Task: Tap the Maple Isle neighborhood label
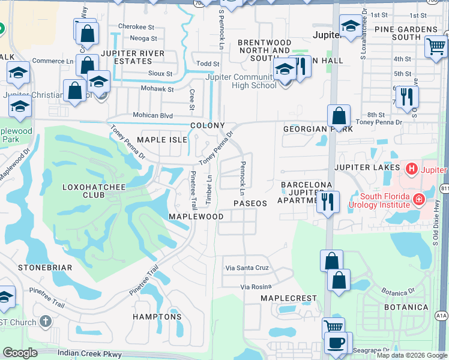158,140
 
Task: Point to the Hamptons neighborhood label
157,316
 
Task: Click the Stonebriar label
45,267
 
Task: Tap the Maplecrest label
288,298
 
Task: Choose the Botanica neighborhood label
406,307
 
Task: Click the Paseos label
250,203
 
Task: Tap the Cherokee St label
136,27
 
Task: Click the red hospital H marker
411,169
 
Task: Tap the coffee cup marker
336,343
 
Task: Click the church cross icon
45,322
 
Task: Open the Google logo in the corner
20,353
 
